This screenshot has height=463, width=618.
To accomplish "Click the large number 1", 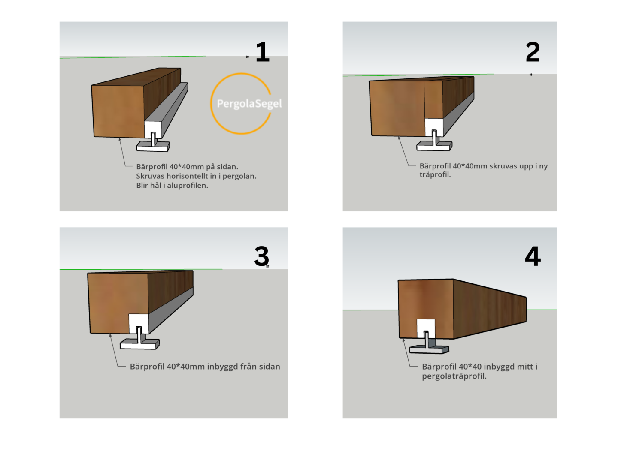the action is point(262,52).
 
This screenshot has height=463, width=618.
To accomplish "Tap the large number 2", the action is point(533,52).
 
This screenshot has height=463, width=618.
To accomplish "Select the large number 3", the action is point(261,256).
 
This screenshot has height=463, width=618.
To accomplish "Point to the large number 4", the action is point(533,256).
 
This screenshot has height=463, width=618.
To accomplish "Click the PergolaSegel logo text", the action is point(249,104).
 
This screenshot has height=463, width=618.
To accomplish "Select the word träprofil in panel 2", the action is point(435,174).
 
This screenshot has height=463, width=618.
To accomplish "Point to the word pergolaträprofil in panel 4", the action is point(454,376).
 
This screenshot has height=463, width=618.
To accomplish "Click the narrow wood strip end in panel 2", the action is point(433,100).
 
